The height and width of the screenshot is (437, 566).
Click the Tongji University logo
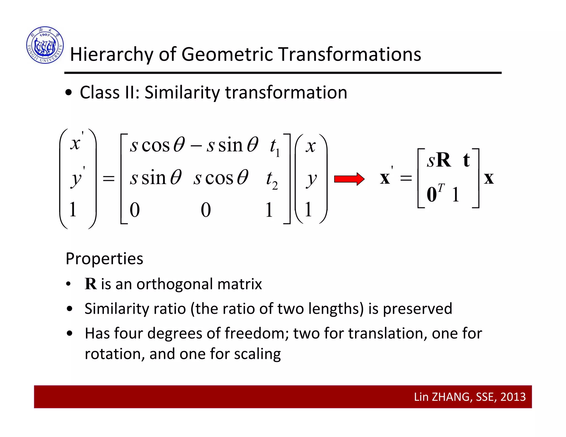[x=45, y=45]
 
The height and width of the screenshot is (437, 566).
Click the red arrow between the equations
[x=349, y=179]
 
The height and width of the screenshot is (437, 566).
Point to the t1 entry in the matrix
[x=274, y=147]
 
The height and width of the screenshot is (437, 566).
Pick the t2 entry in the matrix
[x=271, y=180]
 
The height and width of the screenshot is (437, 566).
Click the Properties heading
[x=104, y=259]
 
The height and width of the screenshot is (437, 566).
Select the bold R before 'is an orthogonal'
[x=91, y=284]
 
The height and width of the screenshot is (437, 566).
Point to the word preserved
[x=417, y=309]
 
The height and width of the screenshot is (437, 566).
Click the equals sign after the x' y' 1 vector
[x=108, y=179]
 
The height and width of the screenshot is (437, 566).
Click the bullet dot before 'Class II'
[x=69, y=93]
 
